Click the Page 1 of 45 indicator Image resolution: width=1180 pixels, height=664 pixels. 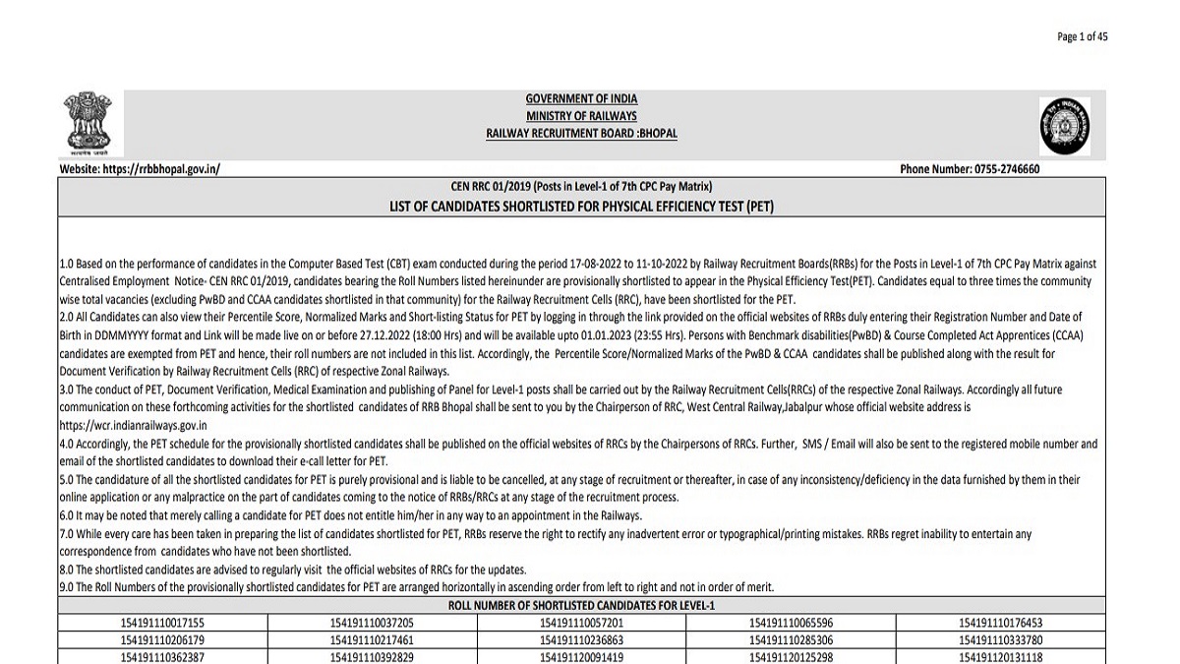coord(1082,36)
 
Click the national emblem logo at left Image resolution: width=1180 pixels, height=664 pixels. coord(88,124)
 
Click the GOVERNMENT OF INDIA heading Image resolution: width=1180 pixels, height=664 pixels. coord(581,98)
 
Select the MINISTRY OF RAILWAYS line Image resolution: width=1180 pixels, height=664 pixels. coord(581,116)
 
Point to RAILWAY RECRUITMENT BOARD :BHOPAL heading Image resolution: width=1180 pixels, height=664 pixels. coord(581,133)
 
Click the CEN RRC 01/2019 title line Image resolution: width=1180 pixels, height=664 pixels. coord(581,186)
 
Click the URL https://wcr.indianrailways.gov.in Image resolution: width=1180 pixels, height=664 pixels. coord(133,425)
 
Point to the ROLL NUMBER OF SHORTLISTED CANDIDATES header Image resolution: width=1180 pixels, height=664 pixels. coord(581,605)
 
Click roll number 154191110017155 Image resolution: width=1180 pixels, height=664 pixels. coord(162,623)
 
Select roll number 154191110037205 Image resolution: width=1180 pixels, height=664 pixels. coord(372,623)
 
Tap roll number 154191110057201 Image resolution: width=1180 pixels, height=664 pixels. coord(581,623)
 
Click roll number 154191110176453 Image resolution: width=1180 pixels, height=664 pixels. coord(1001,623)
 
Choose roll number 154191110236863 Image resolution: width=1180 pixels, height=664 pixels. coord(581,639)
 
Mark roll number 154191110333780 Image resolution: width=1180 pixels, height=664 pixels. coord(1001,639)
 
